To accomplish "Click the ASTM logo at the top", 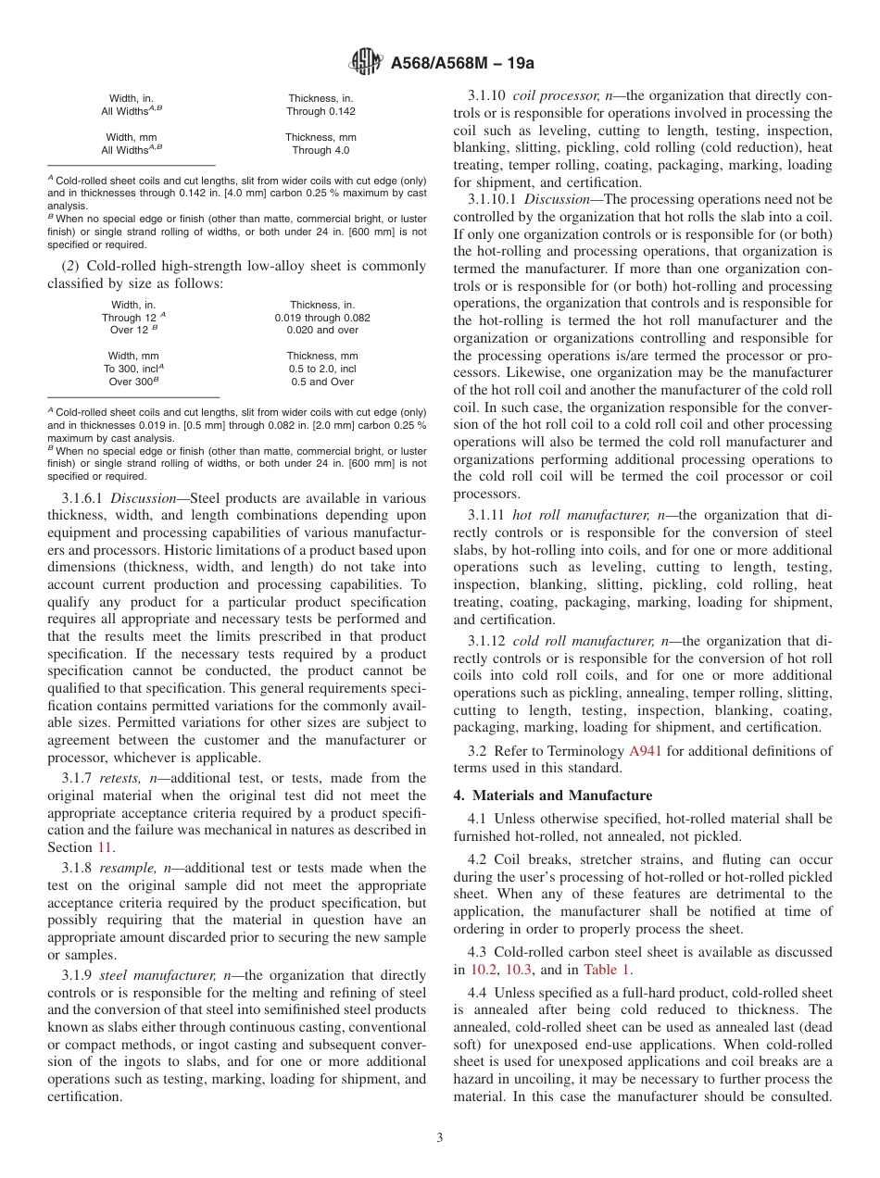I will [366, 63].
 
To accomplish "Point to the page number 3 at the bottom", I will [440, 1138].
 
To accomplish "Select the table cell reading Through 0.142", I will [321, 111].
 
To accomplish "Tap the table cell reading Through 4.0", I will [321, 150].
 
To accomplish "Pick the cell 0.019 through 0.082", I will [322, 317].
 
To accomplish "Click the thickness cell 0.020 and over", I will [322, 330].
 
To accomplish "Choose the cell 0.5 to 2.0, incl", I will [322, 368].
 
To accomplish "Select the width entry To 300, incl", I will [132, 368].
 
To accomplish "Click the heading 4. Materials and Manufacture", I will [552, 796].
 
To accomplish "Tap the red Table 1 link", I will [607, 970].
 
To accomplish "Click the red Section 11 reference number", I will [107, 846].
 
